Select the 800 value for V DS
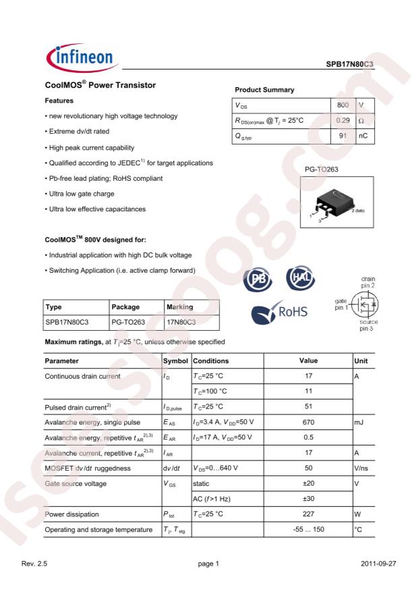point(342,105)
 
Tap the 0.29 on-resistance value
point(342,121)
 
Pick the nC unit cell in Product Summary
point(363,136)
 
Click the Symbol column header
point(176,361)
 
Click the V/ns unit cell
point(361,468)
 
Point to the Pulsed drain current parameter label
point(78,407)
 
